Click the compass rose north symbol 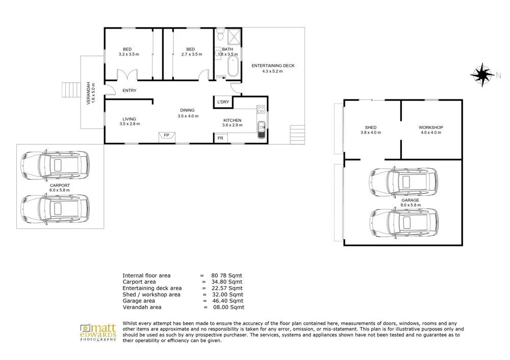click(481, 74)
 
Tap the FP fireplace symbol click(167, 136)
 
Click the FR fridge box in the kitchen click(220, 138)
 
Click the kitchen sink click(261, 128)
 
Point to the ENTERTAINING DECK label click(273, 66)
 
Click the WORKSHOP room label click(430, 127)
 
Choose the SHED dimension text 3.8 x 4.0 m click(371, 133)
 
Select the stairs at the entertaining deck click(297, 134)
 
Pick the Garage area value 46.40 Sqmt click(227, 301)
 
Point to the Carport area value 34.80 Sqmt click(227, 281)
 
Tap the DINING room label click(187, 110)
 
